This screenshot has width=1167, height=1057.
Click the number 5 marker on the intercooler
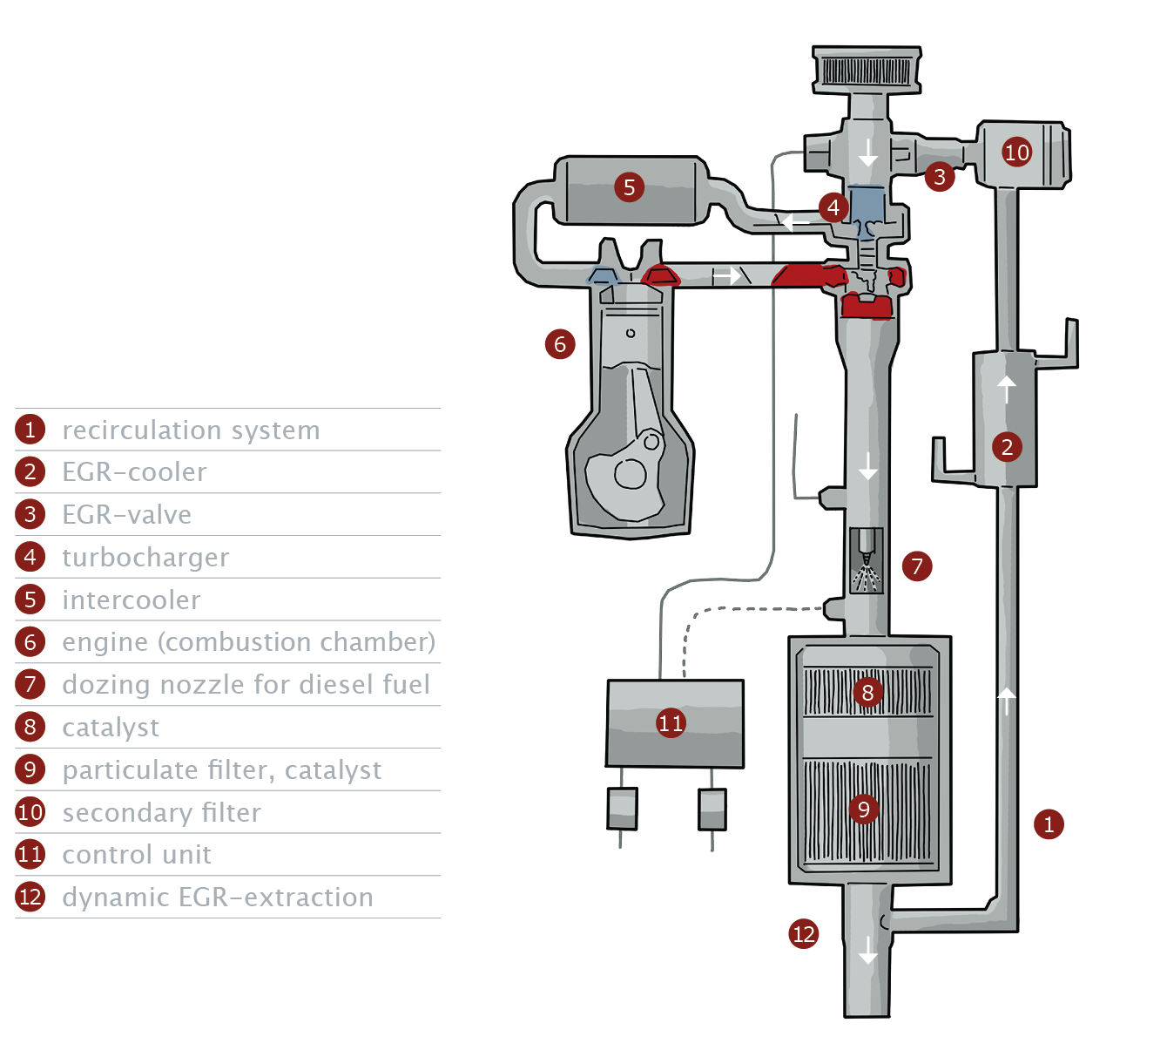pyautogui.click(x=629, y=186)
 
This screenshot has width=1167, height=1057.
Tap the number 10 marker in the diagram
pyautogui.click(x=1016, y=152)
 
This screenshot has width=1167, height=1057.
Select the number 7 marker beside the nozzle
pyautogui.click(x=916, y=566)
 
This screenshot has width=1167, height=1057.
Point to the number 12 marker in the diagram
pyautogui.click(x=803, y=934)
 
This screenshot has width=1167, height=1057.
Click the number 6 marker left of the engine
pyautogui.click(x=560, y=344)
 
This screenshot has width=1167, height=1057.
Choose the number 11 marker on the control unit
pyautogui.click(x=671, y=722)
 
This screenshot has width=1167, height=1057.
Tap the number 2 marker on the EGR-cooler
pyautogui.click(x=1007, y=447)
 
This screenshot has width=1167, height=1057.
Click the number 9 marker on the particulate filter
pyautogui.click(x=863, y=810)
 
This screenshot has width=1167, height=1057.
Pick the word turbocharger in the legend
pyautogui.click(x=145, y=558)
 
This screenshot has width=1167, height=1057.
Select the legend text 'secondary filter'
pyautogui.click(x=161, y=813)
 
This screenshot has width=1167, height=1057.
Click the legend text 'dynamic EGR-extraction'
pyautogui.click(x=217, y=898)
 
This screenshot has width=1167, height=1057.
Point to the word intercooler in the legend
pyautogui.click(x=131, y=600)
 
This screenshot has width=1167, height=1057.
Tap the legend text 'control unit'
pyautogui.click(x=137, y=855)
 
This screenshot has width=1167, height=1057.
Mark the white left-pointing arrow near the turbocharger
pyautogui.click(x=795, y=222)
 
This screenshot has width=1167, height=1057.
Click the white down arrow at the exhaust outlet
pyautogui.click(x=867, y=950)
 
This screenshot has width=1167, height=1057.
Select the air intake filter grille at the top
pyautogui.click(x=867, y=70)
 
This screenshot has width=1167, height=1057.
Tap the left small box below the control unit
pyautogui.click(x=622, y=809)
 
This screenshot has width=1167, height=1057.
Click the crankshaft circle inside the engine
pyautogui.click(x=630, y=474)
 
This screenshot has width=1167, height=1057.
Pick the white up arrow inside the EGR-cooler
pyautogui.click(x=1007, y=388)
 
